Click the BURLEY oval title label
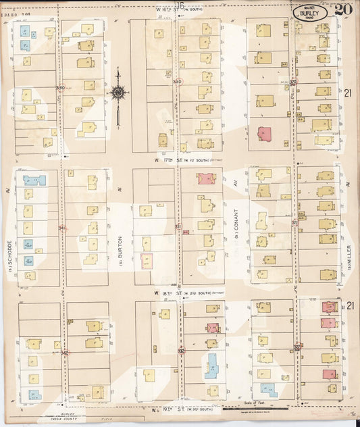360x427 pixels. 310,11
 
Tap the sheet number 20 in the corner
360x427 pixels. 342,9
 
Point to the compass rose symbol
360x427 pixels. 118,93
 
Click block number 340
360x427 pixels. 61,88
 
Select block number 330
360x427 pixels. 177,82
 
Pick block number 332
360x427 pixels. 181,351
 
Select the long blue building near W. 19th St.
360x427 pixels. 212,366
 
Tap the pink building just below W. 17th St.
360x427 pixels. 206,179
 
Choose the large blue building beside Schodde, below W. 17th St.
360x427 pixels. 34,180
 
